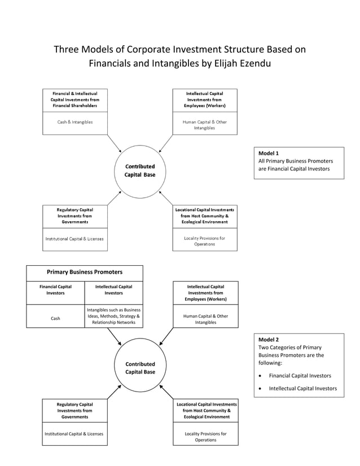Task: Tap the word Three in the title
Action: (67, 49)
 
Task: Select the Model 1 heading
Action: (269, 153)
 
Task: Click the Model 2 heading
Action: (269, 340)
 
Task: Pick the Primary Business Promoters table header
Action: (84, 272)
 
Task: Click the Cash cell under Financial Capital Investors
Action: (55, 318)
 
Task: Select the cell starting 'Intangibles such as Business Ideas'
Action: (113, 316)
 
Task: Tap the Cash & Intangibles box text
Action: (74, 122)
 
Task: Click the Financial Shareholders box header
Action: (74, 99)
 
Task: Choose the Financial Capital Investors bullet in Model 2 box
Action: (300, 375)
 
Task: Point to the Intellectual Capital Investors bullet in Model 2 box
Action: (302, 388)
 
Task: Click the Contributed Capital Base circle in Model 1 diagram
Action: (139, 171)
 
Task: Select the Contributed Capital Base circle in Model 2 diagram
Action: (140, 368)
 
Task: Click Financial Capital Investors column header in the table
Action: (55, 290)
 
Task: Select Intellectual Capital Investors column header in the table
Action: (113, 290)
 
